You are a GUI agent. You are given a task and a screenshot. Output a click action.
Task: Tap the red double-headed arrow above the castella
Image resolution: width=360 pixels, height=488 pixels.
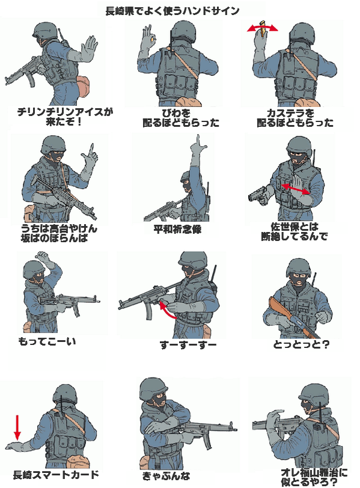[263, 28]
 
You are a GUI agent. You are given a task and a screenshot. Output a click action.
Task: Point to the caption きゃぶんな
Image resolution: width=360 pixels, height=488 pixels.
[166, 475]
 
